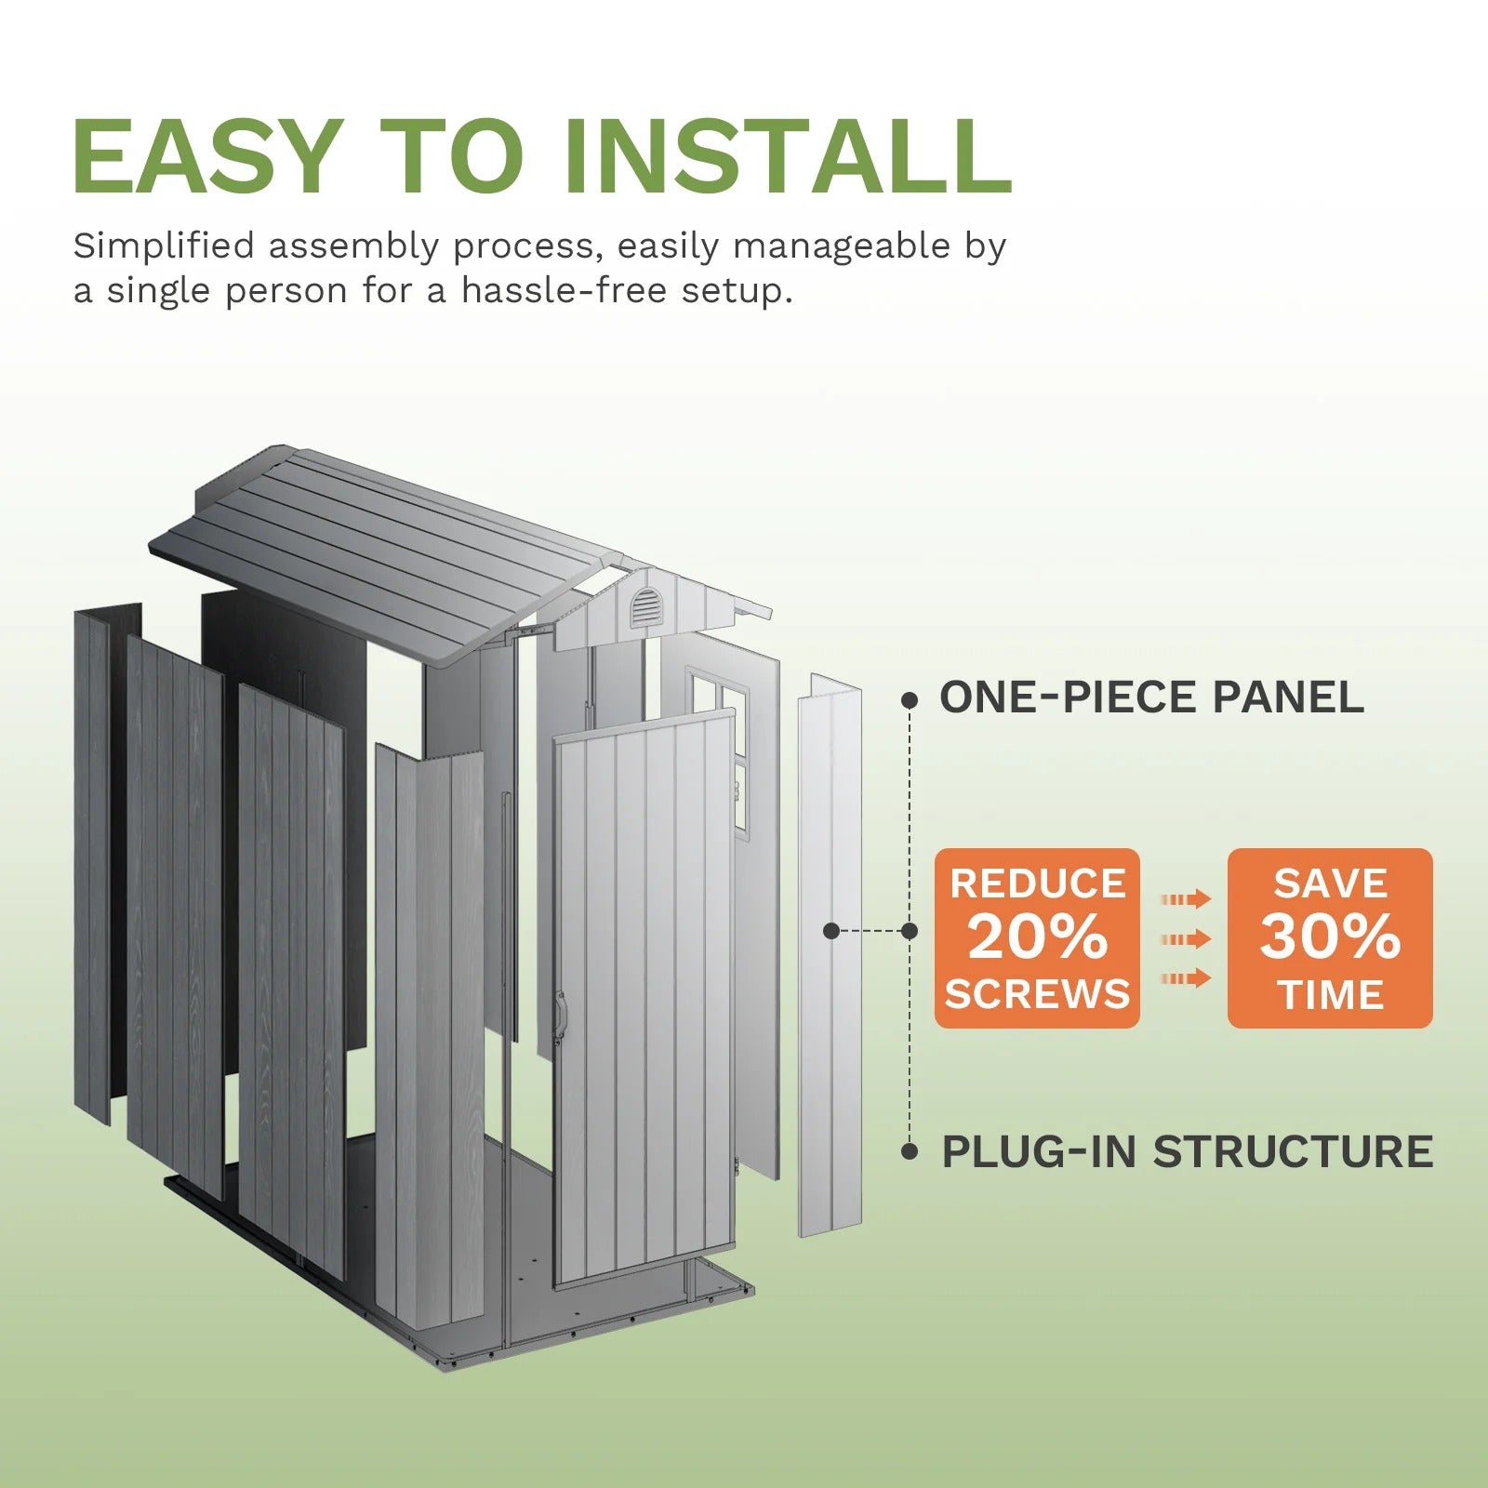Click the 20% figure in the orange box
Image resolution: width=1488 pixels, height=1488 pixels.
(1037, 937)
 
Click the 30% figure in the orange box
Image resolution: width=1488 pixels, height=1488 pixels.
(1330, 937)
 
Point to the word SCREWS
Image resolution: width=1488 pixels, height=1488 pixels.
(1037, 995)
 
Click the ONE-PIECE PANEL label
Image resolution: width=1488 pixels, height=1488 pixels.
(1151, 697)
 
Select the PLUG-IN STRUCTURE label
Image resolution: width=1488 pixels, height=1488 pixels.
(1187, 1152)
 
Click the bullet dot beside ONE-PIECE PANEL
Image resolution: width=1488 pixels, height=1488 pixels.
(910, 700)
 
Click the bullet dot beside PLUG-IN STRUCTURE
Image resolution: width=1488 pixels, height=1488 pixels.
(910, 1152)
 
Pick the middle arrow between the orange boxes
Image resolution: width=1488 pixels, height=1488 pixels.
(1186, 939)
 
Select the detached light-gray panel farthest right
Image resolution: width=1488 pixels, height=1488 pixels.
(830, 958)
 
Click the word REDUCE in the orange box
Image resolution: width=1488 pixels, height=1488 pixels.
(1037, 883)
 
